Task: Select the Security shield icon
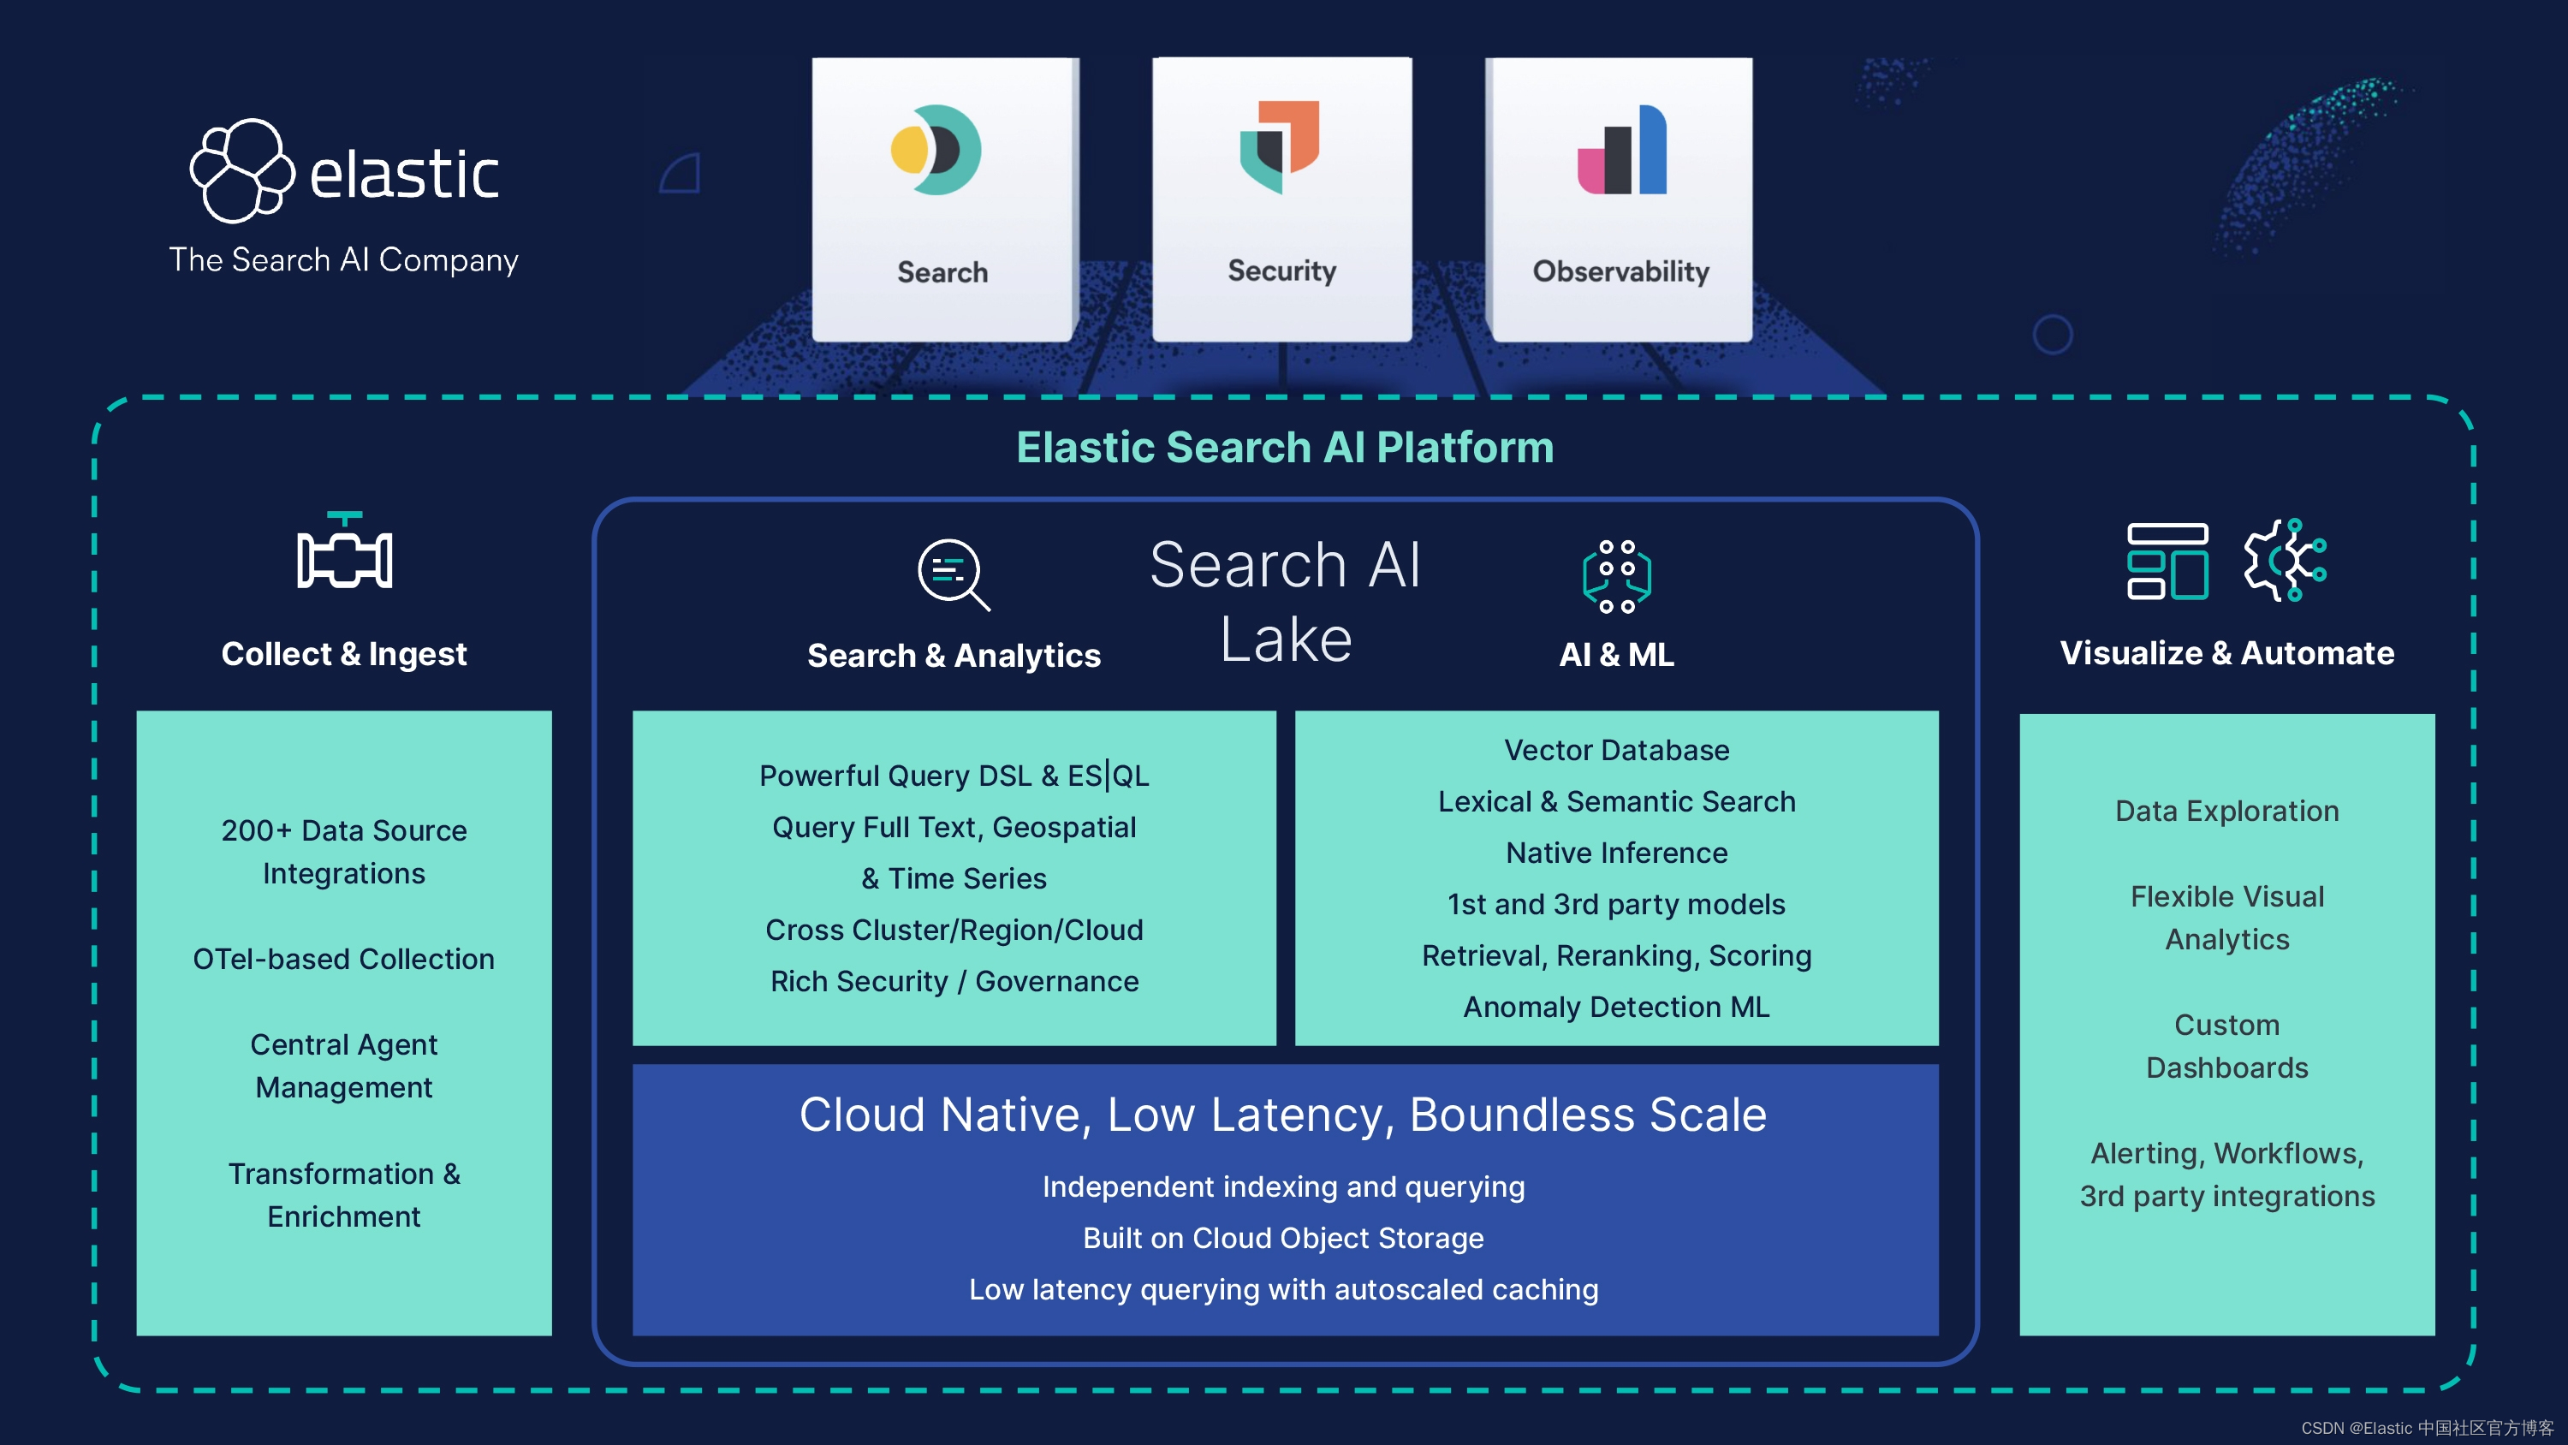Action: tap(1280, 146)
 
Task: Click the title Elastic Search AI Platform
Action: tap(1284, 447)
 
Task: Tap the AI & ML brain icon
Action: tap(1616, 575)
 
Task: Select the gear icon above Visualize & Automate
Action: tap(2285, 560)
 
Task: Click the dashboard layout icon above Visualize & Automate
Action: tap(2167, 561)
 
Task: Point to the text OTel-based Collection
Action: tap(344, 959)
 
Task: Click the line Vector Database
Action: tap(1616, 750)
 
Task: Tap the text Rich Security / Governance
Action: tap(954, 981)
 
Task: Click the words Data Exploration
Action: tap(2226, 811)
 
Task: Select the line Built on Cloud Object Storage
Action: tap(1283, 1238)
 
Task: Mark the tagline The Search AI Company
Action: tap(344, 259)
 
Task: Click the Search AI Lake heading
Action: tap(1285, 600)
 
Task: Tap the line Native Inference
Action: tap(1616, 853)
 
